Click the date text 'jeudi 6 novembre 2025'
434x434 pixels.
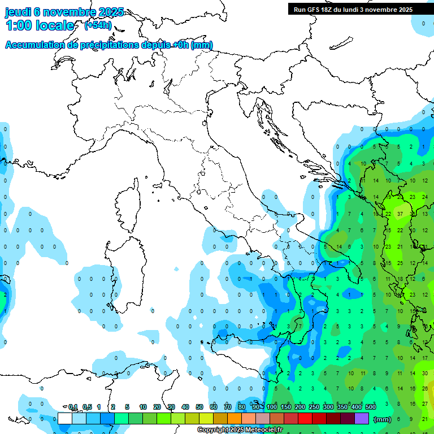click(64, 12)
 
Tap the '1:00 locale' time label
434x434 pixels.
click(40, 25)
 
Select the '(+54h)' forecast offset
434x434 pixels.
click(98, 25)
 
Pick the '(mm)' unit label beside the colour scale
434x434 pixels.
click(383, 419)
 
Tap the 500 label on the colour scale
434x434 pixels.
click(371, 407)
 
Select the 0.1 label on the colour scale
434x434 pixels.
click(73, 407)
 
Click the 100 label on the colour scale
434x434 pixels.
click(272, 407)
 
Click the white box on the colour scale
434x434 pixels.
click(65, 419)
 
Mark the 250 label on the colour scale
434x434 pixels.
click(314, 407)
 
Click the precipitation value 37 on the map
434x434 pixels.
click(400, 214)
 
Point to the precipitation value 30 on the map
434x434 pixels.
click(425, 373)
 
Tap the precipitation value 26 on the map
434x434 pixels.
click(425, 388)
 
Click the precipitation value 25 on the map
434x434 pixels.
click(400, 263)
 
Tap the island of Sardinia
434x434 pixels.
click(122, 277)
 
